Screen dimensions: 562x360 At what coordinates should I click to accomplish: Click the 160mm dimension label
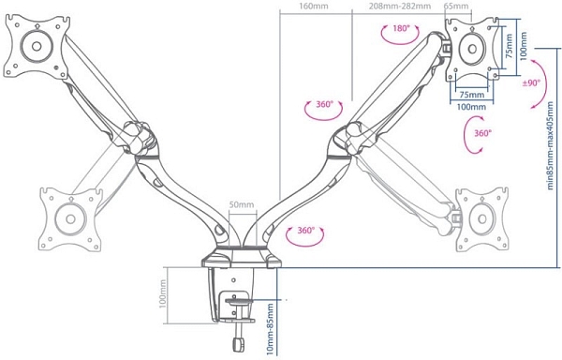click(314, 6)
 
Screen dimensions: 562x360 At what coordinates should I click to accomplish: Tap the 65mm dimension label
click(456, 6)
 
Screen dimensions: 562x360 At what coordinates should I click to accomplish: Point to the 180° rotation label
click(401, 28)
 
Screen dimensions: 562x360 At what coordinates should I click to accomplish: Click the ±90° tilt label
click(531, 83)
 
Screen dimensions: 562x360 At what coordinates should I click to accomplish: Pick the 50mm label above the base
click(242, 204)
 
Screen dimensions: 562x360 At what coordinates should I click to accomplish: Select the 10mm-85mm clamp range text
click(270, 329)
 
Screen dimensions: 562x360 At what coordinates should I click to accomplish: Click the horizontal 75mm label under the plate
click(472, 95)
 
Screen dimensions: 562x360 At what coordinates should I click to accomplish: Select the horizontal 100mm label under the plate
click(471, 107)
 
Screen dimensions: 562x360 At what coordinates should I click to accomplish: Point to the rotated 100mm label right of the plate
click(524, 47)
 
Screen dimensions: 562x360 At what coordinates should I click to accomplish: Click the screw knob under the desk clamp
click(238, 344)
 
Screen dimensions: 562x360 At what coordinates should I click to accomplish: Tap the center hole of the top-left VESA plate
click(37, 46)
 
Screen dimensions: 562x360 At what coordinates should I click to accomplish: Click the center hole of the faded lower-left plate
click(70, 218)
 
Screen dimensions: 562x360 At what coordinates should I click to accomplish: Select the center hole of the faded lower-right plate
click(482, 218)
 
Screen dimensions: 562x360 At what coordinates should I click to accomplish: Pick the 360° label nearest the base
click(305, 231)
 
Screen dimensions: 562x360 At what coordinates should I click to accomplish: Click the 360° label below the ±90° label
click(482, 133)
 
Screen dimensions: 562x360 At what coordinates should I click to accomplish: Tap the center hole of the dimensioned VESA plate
click(472, 49)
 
